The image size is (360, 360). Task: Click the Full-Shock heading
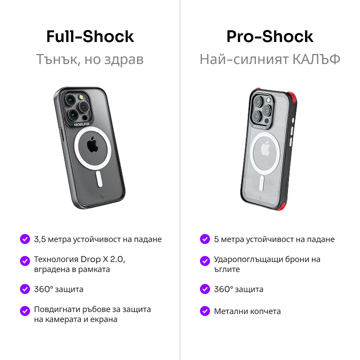[x=90, y=36]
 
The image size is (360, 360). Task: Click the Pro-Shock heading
[x=270, y=36]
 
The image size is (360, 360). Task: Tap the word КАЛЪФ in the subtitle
[x=316, y=59]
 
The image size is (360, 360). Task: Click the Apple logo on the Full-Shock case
[x=92, y=144]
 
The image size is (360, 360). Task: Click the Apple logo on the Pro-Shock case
[x=265, y=149]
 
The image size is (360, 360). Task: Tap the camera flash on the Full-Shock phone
[x=81, y=96]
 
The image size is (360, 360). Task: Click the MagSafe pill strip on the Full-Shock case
[x=99, y=178]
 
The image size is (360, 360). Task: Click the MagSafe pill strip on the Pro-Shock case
[x=261, y=183]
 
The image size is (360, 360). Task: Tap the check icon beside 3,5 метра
[x=25, y=239]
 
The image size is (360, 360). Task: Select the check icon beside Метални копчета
[x=205, y=311]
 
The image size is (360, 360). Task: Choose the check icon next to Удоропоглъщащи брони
[x=205, y=261]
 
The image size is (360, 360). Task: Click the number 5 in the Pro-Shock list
[x=216, y=239]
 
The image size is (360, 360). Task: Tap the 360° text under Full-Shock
[x=43, y=289]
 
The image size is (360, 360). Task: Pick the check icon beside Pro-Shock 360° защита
[x=205, y=289]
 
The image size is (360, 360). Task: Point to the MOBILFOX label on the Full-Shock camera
[x=82, y=124]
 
